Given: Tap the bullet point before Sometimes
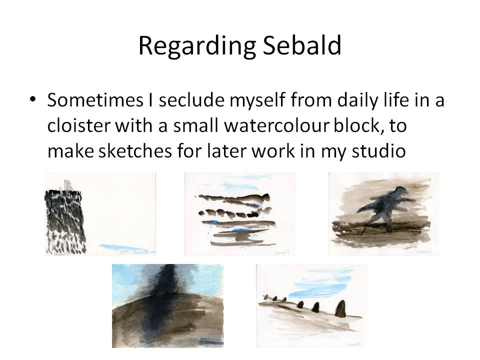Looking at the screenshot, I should coord(33,100).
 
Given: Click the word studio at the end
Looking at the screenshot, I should coord(378,150).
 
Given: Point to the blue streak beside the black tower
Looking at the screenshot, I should coord(117,247).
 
